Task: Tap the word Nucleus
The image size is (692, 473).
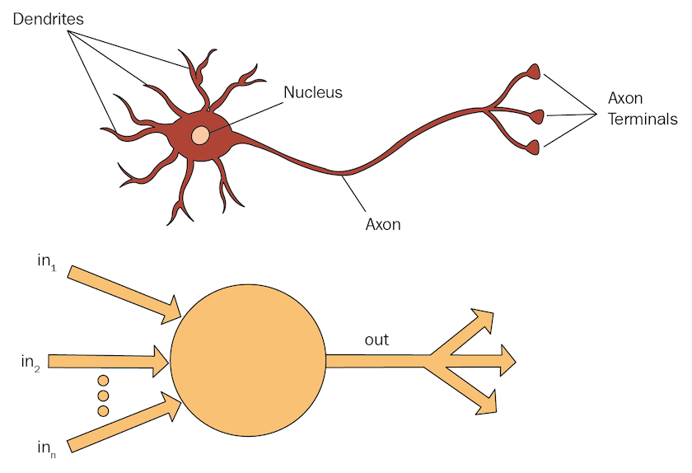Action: click(x=312, y=92)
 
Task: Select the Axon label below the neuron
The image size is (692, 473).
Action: click(x=382, y=223)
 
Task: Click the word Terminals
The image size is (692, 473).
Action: click(x=642, y=119)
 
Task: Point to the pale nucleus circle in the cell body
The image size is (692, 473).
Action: click(x=200, y=135)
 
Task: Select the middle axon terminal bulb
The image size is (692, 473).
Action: click(x=536, y=115)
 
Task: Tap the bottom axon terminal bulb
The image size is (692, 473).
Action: click(x=534, y=148)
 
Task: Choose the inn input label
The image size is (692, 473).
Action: click(x=46, y=447)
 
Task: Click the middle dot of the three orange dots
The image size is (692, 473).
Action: click(x=103, y=396)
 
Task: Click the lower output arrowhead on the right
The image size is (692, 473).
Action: click(x=487, y=401)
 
